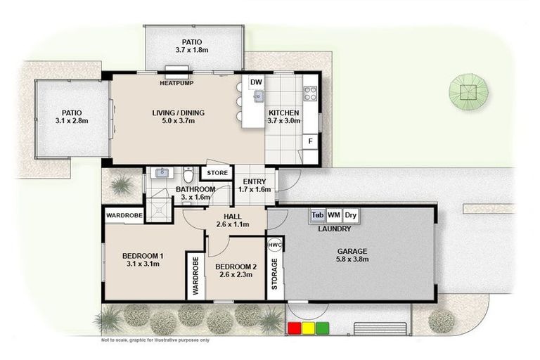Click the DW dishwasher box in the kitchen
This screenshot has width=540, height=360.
pos(257,82)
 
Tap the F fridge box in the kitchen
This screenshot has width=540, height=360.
pos(309,141)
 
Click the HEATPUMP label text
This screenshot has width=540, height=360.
pos(176,83)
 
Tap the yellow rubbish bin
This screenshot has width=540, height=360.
pos(309,328)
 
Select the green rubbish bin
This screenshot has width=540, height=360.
pos(322,328)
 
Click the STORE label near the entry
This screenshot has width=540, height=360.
pos(217,172)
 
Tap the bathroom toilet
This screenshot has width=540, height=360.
pos(188,174)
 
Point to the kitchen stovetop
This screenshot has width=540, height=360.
pos(310,93)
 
